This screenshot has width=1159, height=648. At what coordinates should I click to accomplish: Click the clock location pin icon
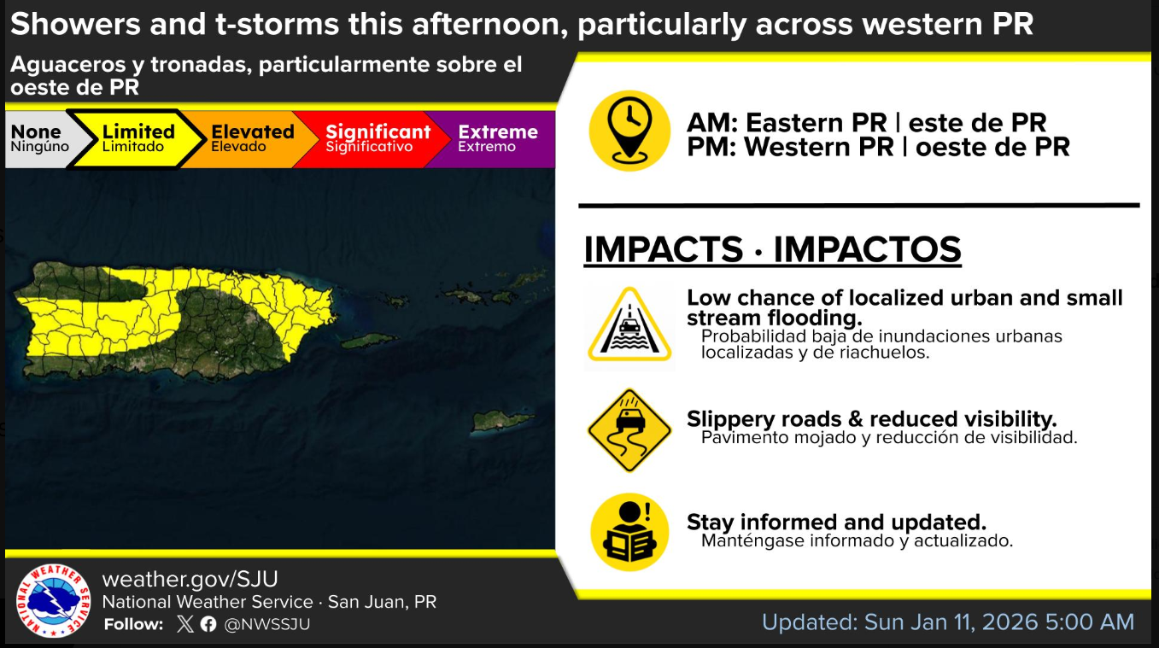[x=629, y=131]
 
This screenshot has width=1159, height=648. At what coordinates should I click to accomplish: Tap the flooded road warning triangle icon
[x=629, y=326]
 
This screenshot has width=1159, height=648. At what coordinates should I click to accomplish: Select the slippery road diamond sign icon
[x=629, y=430]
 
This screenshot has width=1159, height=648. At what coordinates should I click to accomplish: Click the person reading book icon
[x=629, y=532]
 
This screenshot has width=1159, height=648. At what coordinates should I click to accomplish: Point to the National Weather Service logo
[x=53, y=600]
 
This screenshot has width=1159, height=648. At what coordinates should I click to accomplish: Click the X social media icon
[x=184, y=624]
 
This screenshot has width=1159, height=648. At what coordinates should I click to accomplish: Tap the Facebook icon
[x=208, y=624]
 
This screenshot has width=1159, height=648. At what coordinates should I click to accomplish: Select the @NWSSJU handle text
[x=267, y=624]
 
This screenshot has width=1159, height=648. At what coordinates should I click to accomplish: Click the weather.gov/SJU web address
[x=190, y=579]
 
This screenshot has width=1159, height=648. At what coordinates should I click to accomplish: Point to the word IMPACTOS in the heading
[x=867, y=249]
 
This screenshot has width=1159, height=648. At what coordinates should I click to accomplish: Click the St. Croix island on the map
[x=502, y=420]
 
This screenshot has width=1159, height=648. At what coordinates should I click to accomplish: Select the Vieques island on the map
[x=369, y=341]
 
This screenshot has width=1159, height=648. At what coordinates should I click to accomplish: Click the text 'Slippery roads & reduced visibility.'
[x=872, y=419]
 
